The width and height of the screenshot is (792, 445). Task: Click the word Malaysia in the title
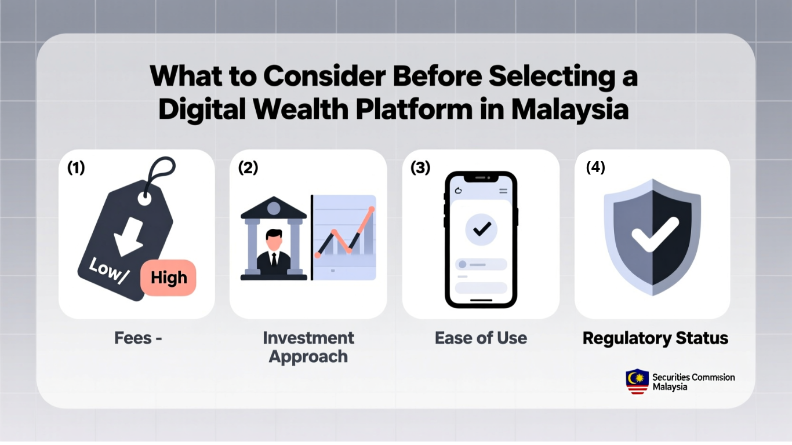point(569,109)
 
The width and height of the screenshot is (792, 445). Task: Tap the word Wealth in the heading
point(301,109)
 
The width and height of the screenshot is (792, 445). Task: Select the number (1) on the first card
point(76,167)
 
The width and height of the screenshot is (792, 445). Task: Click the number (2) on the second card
point(248,167)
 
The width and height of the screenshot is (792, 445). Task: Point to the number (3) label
point(420,167)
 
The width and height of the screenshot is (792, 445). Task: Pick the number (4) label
point(595,167)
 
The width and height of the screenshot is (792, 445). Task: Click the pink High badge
point(168,278)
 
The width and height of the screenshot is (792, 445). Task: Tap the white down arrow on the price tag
point(128,236)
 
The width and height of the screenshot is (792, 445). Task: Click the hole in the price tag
point(144,199)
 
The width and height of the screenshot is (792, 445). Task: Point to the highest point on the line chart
point(371,209)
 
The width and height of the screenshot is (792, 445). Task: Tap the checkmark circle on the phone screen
point(481,229)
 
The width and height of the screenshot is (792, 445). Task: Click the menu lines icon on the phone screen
point(503,191)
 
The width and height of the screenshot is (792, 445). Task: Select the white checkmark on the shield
point(655,234)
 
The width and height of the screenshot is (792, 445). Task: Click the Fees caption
point(138,338)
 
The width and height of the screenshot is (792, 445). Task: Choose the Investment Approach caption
point(308,347)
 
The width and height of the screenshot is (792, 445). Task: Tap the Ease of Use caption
point(481,338)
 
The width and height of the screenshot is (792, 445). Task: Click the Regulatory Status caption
point(655,338)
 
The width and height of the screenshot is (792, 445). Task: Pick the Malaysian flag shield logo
point(637,381)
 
